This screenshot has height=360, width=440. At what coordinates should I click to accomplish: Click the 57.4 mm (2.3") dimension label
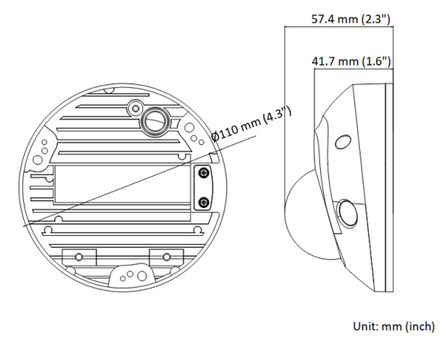(350, 19)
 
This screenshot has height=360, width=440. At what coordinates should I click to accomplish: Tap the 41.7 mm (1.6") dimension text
(351, 61)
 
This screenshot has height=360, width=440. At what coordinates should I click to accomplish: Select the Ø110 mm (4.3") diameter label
(252, 124)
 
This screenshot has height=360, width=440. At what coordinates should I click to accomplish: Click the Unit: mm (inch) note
(394, 326)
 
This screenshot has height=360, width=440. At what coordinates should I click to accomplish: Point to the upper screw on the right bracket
(204, 173)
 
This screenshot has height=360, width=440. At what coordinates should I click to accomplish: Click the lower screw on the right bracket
(204, 202)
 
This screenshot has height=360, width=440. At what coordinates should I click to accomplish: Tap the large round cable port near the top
(154, 122)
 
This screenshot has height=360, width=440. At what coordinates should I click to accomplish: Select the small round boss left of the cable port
(136, 108)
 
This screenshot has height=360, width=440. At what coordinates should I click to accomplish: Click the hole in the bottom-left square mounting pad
(79, 257)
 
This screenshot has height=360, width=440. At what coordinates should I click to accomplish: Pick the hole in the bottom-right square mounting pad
(166, 257)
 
